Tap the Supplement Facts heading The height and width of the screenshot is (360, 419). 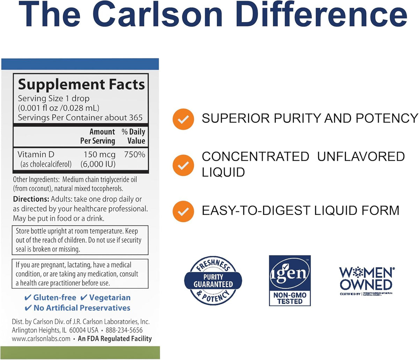(x=81, y=85)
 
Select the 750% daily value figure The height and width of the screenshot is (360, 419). (x=134, y=154)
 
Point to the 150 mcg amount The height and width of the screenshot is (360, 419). (x=100, y=154)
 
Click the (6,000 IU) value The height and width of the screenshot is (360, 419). (x=98, y=164)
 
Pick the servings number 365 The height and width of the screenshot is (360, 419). (x=136, y=118)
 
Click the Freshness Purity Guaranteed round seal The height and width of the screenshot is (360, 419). (x=213, y=281)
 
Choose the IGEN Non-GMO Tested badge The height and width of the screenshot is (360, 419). (x=290, y=281)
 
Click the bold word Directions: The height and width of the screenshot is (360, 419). (x=31, y=199)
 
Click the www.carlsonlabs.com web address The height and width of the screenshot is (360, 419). (x=41, y=339)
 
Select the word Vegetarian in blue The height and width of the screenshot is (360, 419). (x=110, y=298)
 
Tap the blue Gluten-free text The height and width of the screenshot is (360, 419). (x=54, y=298)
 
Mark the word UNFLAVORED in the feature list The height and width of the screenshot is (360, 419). (x=361, y=157)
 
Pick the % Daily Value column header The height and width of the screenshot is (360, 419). (x=133, y=136)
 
